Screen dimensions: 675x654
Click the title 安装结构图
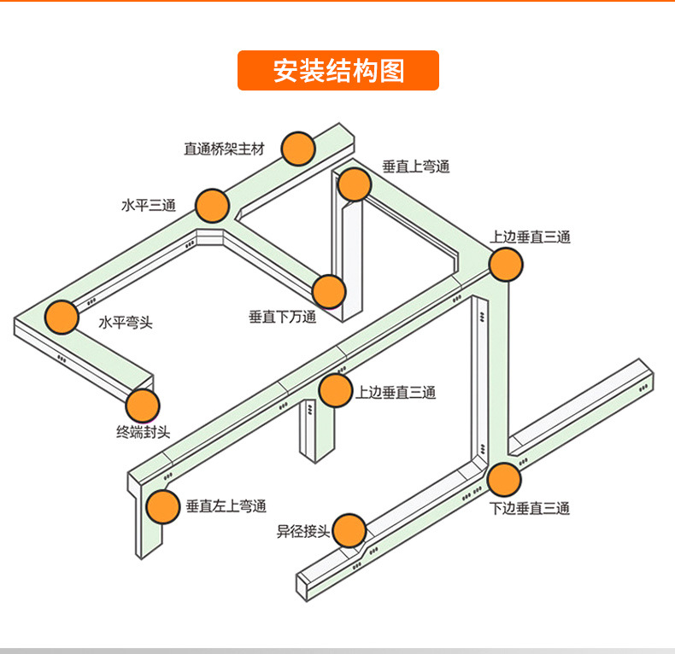[x=337, y=71]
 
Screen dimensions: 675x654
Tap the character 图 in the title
[x=390, y=71]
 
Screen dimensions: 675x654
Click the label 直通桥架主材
[x=225, y=149]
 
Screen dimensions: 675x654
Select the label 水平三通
[x=149, y=206]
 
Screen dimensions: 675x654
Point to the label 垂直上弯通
[x=415, y=167]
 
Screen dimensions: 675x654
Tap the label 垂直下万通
[x=282, y=318]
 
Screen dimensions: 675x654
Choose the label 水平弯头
[x=126, y=323]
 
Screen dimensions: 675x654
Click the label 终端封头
[x=143, y=433]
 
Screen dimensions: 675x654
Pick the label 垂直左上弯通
[x=226, y=506]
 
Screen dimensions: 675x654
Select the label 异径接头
[x=302, y=532]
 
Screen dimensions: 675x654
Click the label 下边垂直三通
[x=529, y=509]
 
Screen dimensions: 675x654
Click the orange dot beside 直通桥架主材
[x=298, y=149]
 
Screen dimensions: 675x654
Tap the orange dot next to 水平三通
[x=212, y=206]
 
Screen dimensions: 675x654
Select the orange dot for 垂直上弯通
[x=354, y=184]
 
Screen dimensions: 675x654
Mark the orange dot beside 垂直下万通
[x=329, y=292]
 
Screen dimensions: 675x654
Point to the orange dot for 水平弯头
[x=62, y=317]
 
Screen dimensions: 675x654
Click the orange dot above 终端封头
[x=143, y=406]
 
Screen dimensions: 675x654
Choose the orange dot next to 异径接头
[x=349, y=530]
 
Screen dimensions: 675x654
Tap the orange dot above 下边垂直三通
[x=504, y=480]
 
